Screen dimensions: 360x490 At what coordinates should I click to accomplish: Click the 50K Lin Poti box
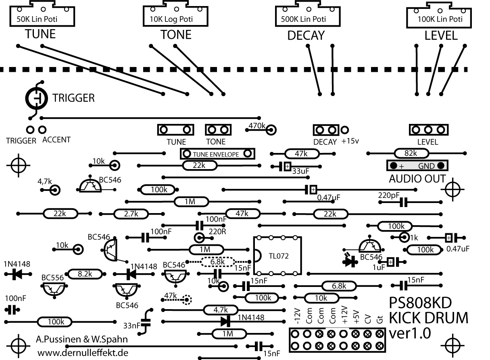point(43,16)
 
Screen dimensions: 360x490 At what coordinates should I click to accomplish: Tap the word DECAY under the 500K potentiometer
point(306,36)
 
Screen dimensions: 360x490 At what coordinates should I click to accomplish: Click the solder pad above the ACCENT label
point(42,130)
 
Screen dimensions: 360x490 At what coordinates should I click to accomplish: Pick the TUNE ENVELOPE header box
point(217,154)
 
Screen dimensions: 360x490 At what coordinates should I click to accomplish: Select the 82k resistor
point(410,153)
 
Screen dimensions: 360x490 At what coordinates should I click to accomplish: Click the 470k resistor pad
point(271,130)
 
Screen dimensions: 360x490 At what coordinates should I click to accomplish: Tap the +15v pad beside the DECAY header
point(345,130)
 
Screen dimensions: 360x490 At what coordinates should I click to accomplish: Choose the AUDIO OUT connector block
point(417,165)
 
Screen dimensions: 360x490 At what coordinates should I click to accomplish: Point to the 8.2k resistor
point(85,274)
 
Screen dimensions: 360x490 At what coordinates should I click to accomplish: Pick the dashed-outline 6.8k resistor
point(218,262)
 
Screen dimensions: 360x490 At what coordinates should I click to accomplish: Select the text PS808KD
point(419,303)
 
